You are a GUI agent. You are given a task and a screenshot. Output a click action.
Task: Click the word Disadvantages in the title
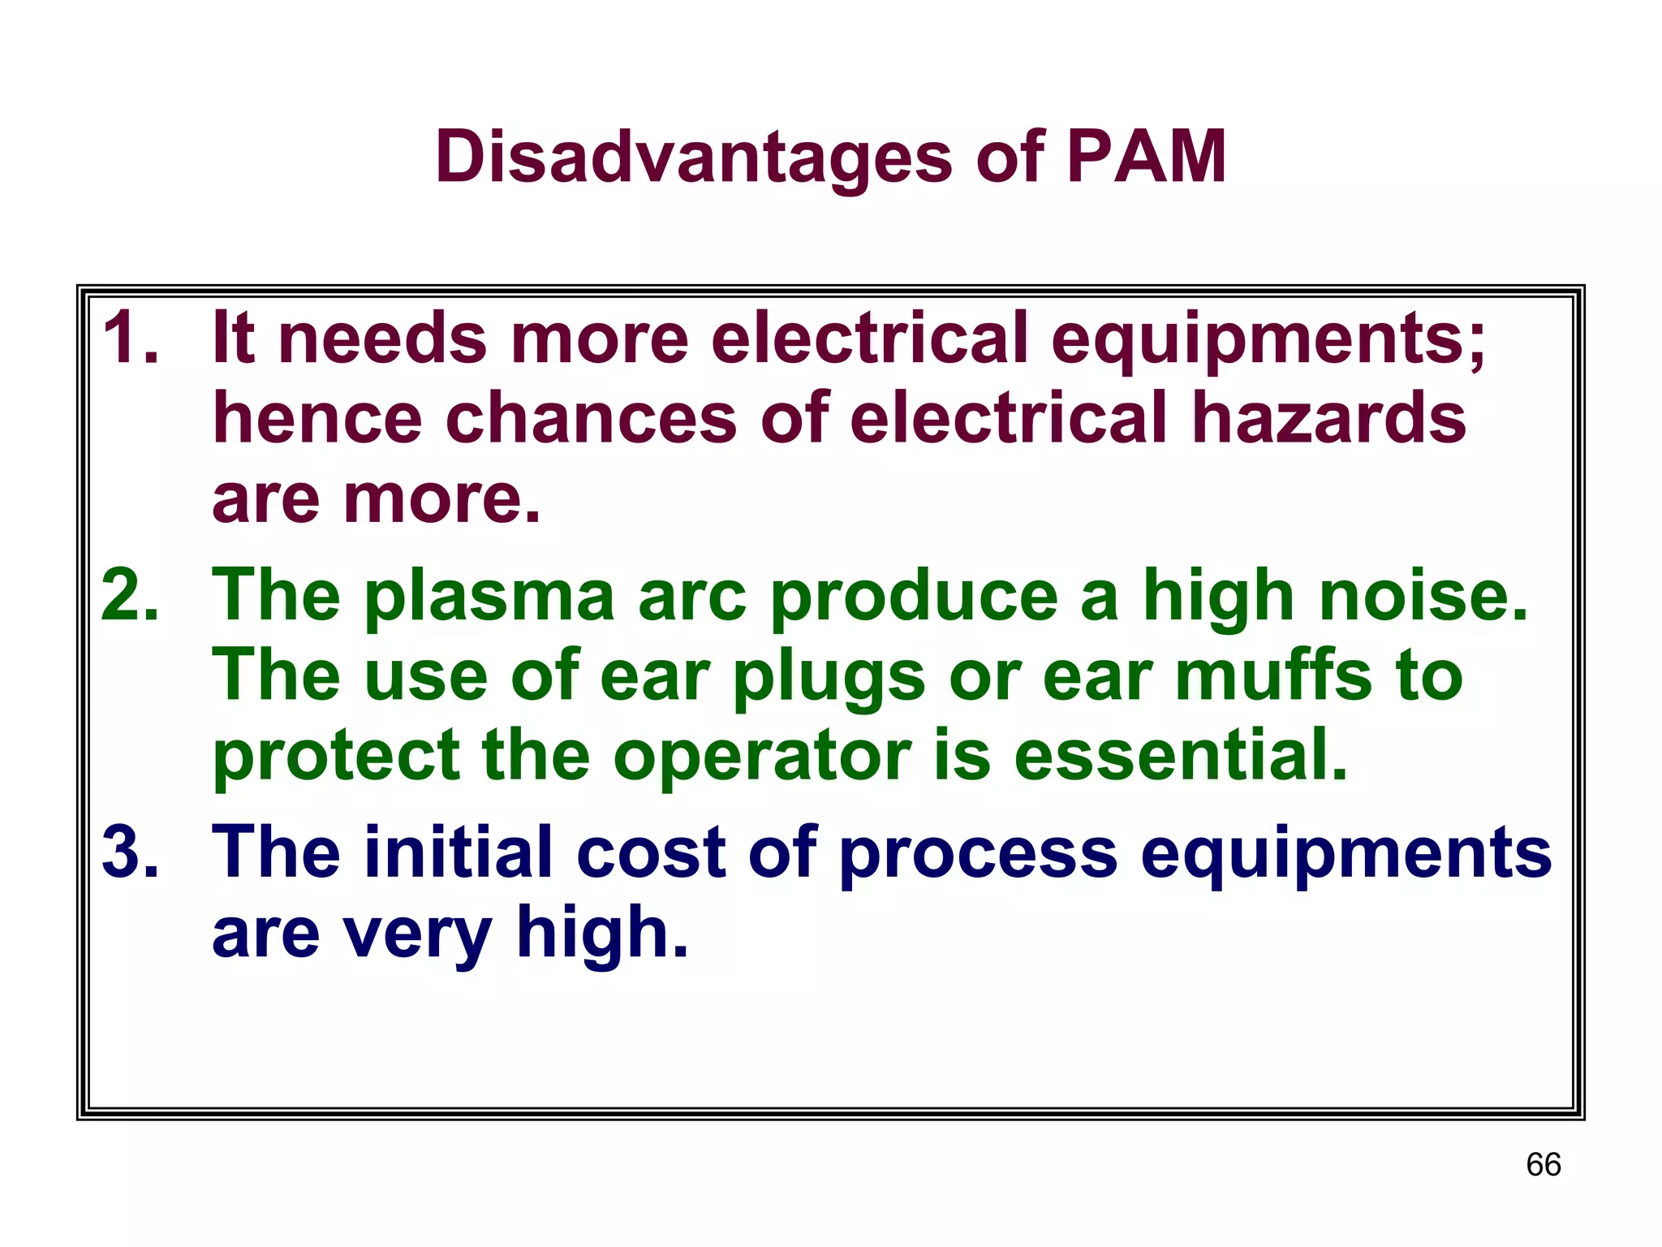[693, 158]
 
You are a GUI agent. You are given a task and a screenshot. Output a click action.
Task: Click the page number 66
[1543, 1164]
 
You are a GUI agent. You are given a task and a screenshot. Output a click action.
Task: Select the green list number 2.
[130, 595]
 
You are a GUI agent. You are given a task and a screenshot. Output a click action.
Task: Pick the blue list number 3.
[130, 852]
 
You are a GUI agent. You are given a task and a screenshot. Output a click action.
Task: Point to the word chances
[592, 418]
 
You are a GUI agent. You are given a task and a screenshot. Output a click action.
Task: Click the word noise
[1423, 595]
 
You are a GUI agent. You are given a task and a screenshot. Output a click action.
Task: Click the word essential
[1181, 755]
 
